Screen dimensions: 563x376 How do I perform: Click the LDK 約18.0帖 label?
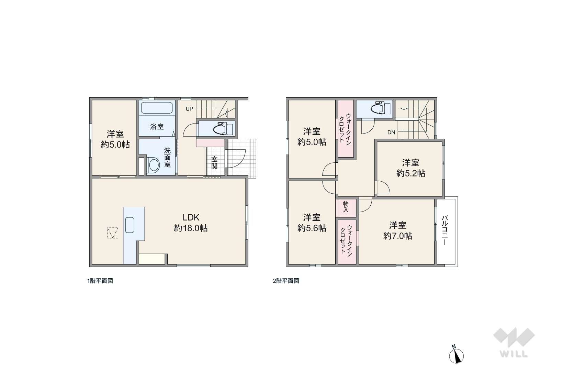pos(191,223)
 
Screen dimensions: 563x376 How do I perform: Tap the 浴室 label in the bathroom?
pos(157,127)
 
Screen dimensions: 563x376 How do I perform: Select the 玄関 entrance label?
pos(214,163)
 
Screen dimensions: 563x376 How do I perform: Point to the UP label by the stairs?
pos(189,109)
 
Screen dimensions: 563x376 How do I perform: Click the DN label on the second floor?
pos(391,132)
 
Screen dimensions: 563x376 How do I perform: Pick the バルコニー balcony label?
pos(444,230)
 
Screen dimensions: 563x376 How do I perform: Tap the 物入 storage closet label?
pos(346,207)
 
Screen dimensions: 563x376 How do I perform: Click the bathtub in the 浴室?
pos(157,108)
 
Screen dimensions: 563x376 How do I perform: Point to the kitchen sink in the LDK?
pos(130,225)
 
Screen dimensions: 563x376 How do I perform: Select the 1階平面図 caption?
pos(100,281)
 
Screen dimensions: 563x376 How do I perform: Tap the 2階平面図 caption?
pos(286,281)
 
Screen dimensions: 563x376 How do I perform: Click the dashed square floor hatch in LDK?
pos(113,233)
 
